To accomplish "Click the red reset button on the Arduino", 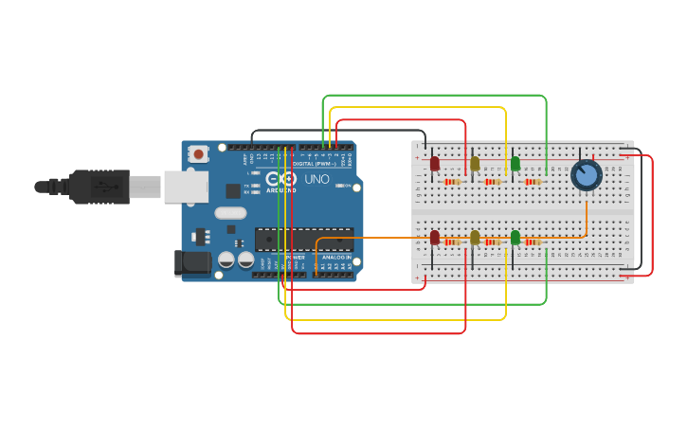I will pos(198,153).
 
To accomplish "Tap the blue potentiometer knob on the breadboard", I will pos(587,174).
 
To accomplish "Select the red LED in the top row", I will pos(435,164).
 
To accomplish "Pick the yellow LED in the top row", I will pos(475,164).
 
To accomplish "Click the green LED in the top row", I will pos(515,164).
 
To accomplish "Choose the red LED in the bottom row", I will pos(435,238).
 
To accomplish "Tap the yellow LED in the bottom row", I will pos(475,238).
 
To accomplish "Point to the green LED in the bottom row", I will pos(515,238).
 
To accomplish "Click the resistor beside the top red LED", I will pos(452,182).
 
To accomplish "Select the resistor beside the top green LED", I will pos(533,182).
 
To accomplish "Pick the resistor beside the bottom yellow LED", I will pos(493,242).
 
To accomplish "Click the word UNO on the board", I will pos(316,179).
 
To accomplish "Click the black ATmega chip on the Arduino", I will pos(304,239).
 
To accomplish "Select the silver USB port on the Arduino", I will pos(185,187).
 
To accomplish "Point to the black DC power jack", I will pos(192,262).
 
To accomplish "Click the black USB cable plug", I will pos(99,187).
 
